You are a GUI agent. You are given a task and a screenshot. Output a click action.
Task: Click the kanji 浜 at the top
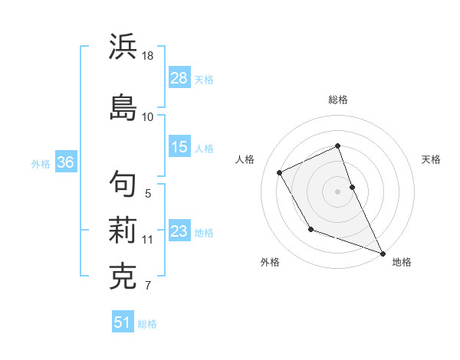123,47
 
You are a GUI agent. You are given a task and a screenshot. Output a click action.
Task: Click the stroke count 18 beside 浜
148,56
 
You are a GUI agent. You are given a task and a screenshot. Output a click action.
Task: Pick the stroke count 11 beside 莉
148,240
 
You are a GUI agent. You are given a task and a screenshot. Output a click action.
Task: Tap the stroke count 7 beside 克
147,286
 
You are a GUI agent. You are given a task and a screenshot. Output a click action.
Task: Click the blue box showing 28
179,77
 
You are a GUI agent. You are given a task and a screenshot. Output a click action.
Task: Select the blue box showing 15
179,147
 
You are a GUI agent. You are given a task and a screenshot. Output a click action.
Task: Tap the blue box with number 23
179,231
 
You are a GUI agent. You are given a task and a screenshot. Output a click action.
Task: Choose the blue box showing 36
65,162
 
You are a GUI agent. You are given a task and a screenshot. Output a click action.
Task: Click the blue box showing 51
122,322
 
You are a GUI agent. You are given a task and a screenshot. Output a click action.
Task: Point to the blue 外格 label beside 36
41,163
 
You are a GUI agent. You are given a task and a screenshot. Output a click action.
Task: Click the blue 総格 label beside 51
147,324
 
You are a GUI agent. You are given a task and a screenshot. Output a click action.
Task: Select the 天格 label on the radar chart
431,159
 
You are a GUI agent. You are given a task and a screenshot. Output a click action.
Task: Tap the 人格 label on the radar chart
245,159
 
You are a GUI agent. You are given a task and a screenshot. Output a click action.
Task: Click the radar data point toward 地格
383,254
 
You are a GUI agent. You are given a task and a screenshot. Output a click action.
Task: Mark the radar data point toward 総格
338,146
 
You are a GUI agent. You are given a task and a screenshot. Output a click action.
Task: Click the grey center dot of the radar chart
338,191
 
